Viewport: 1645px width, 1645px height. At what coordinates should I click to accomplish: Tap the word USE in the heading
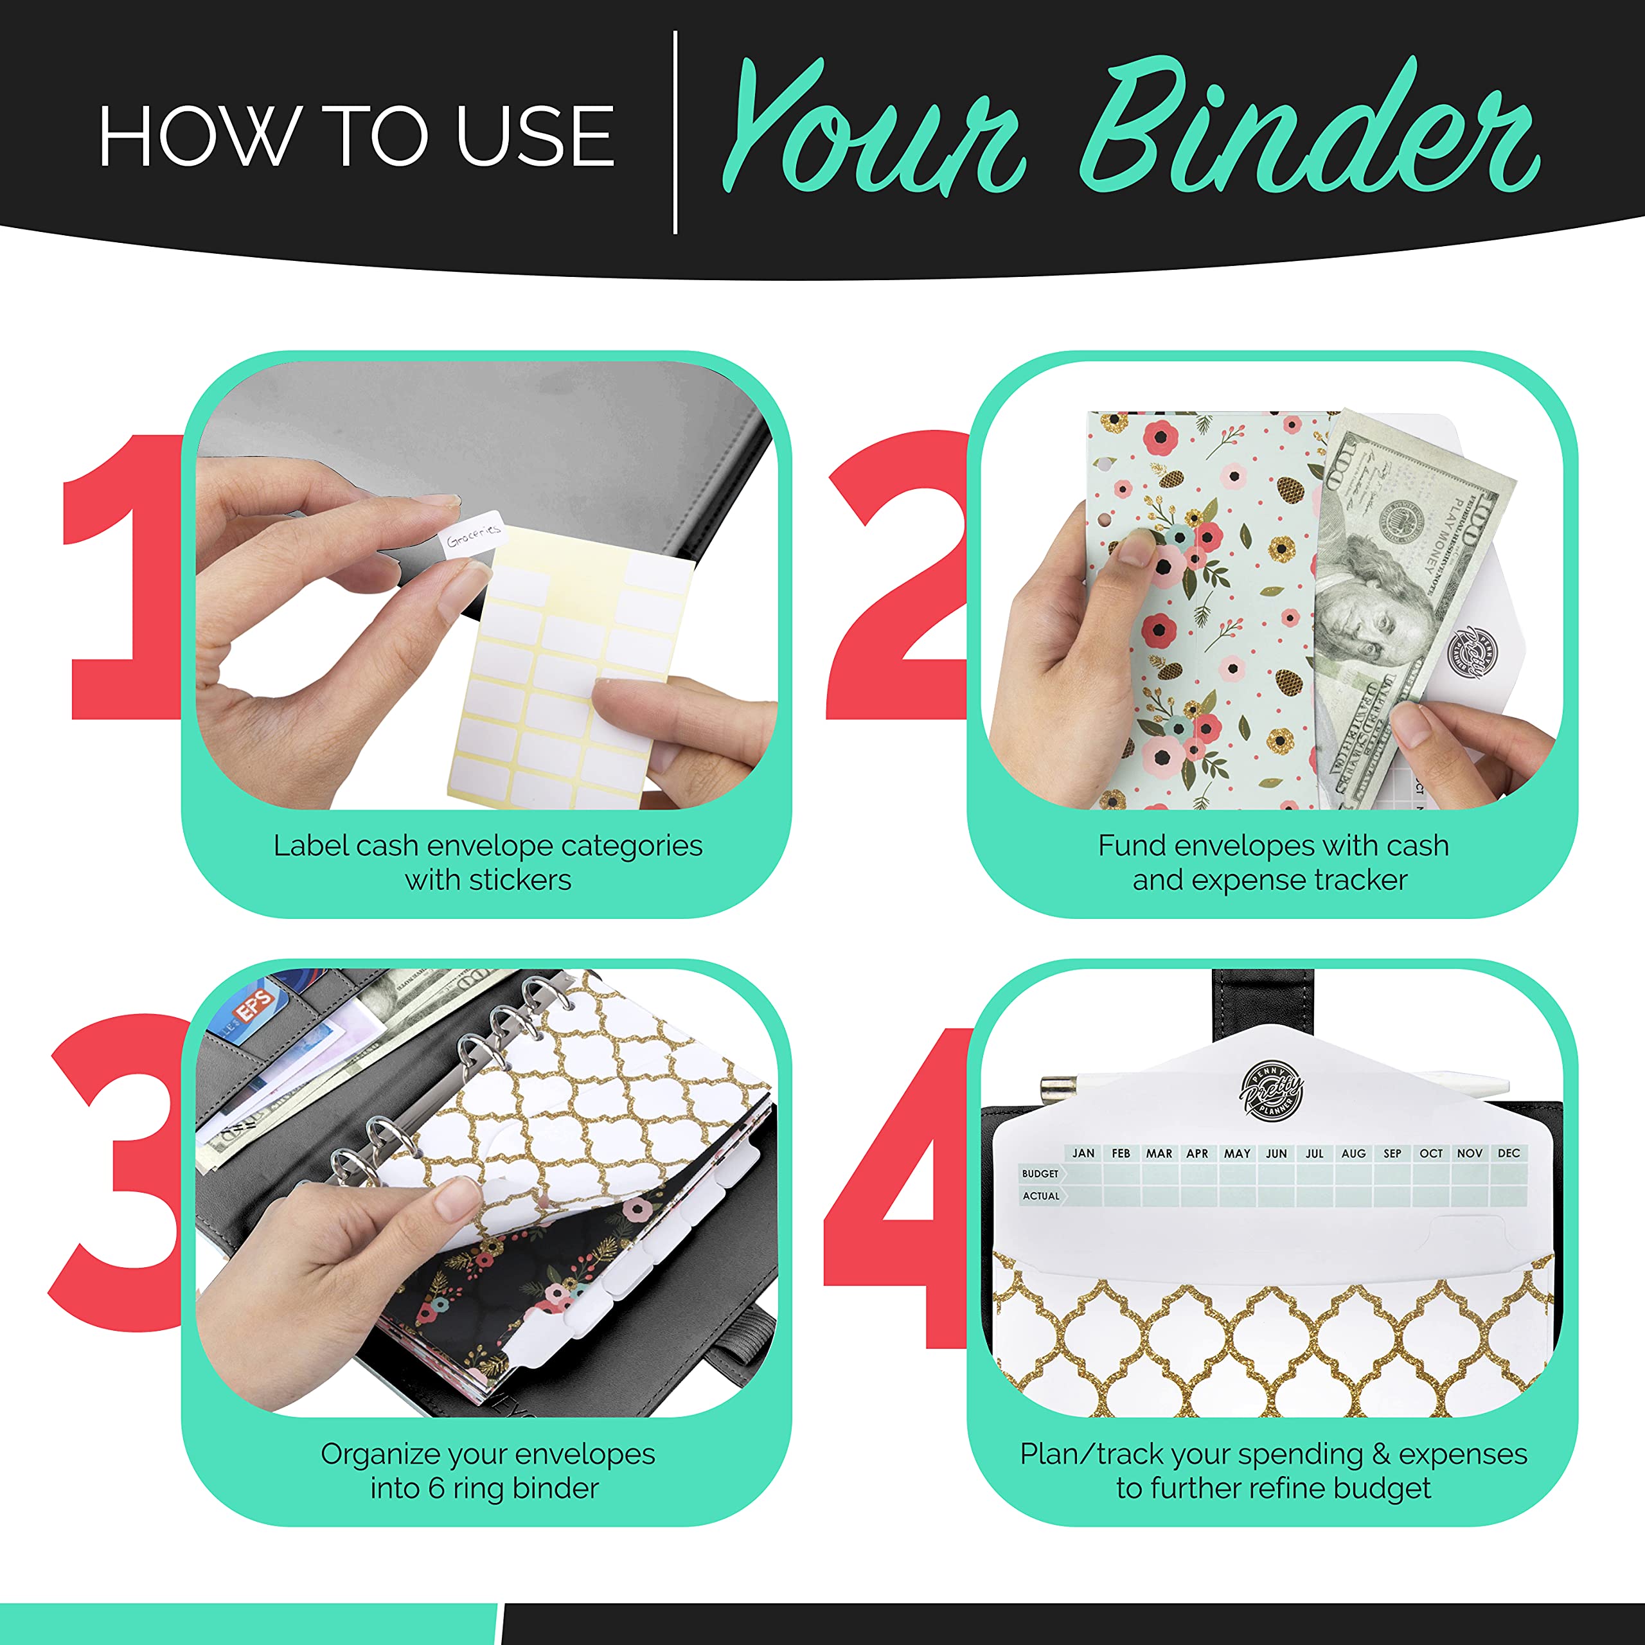(x=534, y=136)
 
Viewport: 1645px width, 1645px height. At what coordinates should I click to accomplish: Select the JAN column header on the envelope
(x=1083, y=1153)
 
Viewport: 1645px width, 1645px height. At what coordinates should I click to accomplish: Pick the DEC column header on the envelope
(x=1508, y=1153)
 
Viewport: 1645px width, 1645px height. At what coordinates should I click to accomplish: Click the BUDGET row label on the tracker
(x=1040, y=1173)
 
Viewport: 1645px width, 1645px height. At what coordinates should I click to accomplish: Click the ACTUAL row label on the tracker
(x=1040, y=1195)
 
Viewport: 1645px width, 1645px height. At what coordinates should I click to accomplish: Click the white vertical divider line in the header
(x=675, y=132)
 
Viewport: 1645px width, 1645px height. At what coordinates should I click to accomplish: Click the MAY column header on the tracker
(x=1236, y=1153)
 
